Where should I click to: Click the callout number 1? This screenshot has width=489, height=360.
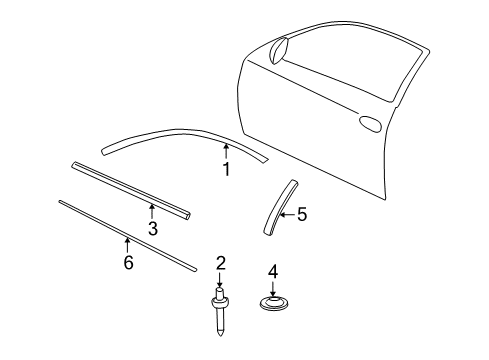226,170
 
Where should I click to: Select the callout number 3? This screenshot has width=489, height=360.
153,229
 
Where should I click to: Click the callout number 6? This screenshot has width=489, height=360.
128,263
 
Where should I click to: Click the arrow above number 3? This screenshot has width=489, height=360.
151,211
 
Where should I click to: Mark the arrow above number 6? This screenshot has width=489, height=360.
126,245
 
